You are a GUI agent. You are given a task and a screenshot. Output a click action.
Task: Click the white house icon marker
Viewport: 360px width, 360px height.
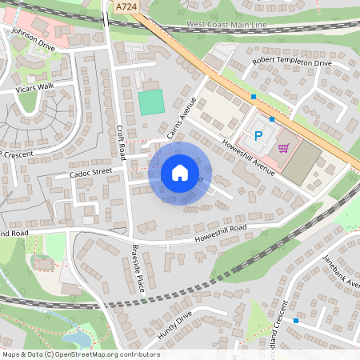(x=180, y=173)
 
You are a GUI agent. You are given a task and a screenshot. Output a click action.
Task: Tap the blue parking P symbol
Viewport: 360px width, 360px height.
(x=258, y=136)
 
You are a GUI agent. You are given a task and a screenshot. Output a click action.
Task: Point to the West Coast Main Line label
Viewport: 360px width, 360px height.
(x=227, y=26)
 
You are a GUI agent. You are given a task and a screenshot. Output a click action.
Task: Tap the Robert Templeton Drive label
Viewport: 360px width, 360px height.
(x=291, y=62)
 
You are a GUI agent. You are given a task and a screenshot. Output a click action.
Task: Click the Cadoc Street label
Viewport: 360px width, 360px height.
(x=90, y=172)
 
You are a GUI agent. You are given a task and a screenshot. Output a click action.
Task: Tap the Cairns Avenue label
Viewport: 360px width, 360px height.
(x=177, y=118)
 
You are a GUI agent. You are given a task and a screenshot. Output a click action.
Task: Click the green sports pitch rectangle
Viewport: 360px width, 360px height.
(x=151, y=102)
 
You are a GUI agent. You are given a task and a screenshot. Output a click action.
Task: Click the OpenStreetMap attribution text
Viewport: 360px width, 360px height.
(x=70, y=354)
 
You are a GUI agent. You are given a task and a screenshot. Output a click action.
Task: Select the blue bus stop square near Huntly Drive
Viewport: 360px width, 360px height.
(x=296, y=321)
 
